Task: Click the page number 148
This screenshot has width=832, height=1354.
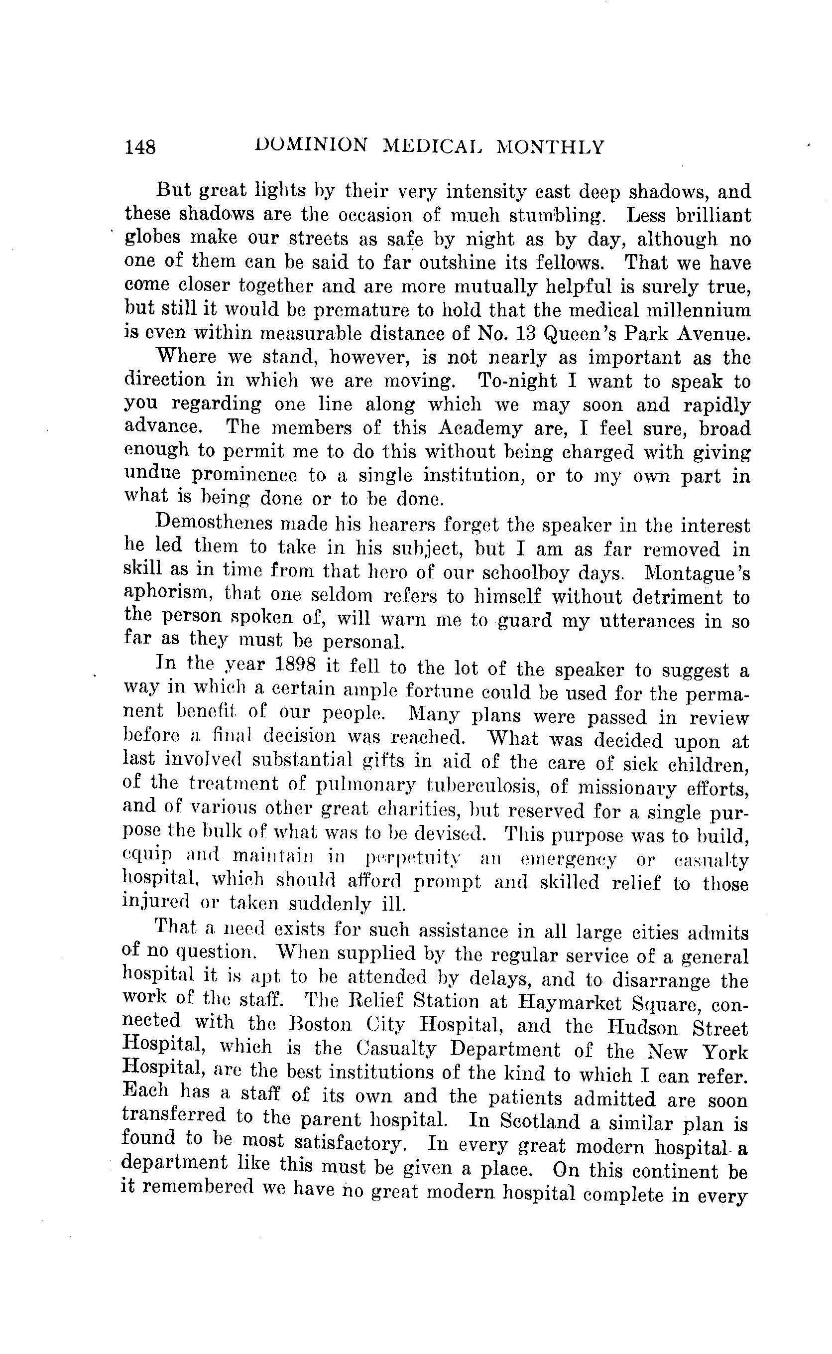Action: click(140, 147)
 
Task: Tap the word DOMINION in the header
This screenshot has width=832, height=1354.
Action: click(312, 146)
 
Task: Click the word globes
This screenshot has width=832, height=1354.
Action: click(152, 238)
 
